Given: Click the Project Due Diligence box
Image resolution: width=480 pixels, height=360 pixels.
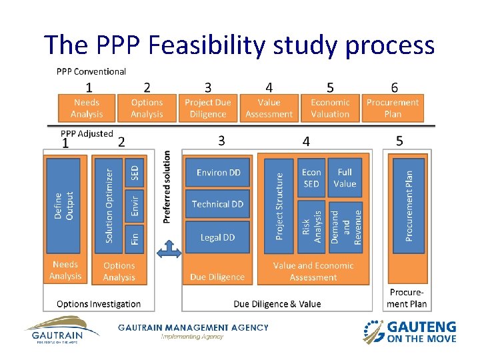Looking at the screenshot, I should pyautogui.click(x=207, y=108).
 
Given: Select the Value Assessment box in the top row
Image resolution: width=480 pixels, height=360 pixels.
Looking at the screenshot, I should pyautogui.click(x=269, y=108).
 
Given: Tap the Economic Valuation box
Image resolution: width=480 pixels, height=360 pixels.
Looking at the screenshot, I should pyautogui.click(x=330, y=108).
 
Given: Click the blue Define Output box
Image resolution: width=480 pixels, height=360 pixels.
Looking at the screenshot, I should pyautogui.click(x=65, y=205).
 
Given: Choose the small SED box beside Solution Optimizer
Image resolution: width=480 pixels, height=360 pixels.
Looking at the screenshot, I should pyautogui.click(x=134, y=171).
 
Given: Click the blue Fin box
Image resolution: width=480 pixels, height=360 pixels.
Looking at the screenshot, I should pyautogui.click(x=134, y=237).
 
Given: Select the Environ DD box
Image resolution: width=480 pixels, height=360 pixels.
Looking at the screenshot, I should pyautogui.click(x=218, y=173).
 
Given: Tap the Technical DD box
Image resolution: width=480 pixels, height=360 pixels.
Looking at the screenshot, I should pyautogui.click(x=218, y=205).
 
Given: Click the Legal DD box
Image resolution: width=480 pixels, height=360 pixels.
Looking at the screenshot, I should pyautogui.click(x=218, y=237).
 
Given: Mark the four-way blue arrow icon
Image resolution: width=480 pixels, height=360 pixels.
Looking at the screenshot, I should pyautogui.click(x=168, y=251).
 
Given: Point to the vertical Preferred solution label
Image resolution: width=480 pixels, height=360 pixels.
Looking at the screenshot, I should pyautogui.click(x=167, y=187).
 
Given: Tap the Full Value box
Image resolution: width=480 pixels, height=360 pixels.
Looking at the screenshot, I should pyautogui.click(x=345, y=178).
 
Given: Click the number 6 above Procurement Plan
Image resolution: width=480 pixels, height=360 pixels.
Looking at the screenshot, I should pyautogui.click(x=394, y=87).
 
